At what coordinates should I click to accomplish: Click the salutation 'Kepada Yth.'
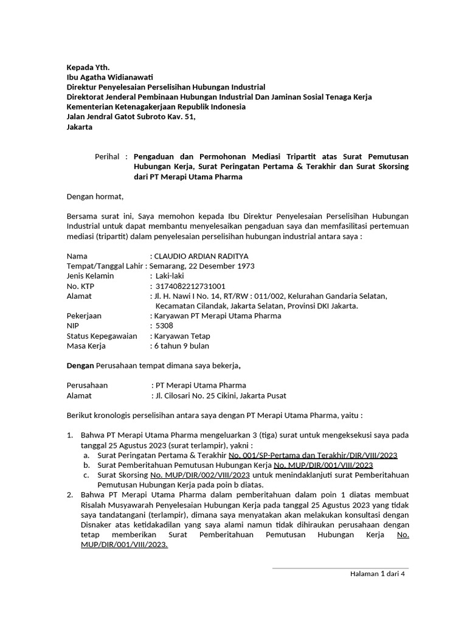[x=88, y=67]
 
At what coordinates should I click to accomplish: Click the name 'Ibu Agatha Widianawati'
[x=109, y=77]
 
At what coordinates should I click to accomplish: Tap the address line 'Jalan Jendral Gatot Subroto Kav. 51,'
[x=131, y=117]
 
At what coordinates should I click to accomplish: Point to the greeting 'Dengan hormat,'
[x=95, y=196]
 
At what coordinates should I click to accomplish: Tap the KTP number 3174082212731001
[x=190, y=286]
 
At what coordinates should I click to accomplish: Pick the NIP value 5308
[x=164, y=325]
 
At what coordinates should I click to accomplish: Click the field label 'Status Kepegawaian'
[x=101, y=336]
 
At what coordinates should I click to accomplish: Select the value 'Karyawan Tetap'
[x=182, y=336]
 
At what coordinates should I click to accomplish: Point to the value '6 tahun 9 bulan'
[x=181, y=346]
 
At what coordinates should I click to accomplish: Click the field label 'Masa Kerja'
[x=86, y=346]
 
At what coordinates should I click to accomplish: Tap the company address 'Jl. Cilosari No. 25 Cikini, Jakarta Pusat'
[x=221, y=395]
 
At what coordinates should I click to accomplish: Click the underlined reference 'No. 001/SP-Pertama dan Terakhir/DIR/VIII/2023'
[x=313, y=455]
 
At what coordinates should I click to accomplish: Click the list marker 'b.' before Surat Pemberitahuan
[x=87, y=465]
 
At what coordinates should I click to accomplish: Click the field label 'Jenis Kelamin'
[x=90, y=276]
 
